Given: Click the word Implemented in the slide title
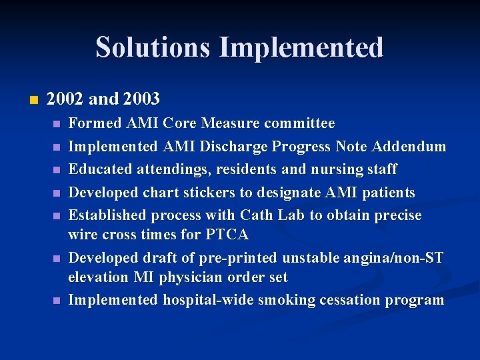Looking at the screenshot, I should (x=301, y=48).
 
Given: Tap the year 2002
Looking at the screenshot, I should (x=65, y=99).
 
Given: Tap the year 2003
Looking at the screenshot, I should (x=141, y=99).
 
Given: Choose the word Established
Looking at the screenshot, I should (x=107, y=215).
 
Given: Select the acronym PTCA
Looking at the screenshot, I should (x=228, y=235).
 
